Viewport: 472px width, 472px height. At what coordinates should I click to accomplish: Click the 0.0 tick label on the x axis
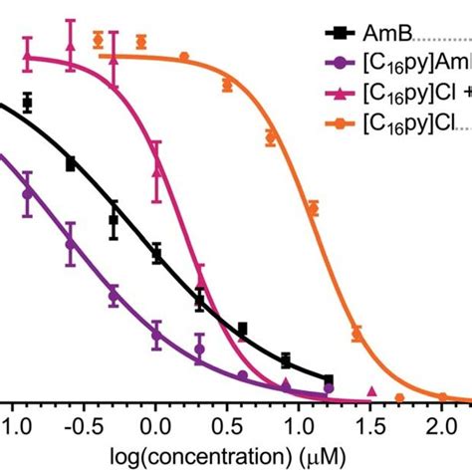[155, 425]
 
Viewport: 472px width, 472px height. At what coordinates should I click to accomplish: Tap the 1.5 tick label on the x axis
[371, 425]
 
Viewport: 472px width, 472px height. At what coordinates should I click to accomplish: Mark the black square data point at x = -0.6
[71, 163]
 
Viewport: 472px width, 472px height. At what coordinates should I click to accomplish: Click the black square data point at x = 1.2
[329, 378]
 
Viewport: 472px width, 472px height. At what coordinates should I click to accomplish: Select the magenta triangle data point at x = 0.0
[156, 171]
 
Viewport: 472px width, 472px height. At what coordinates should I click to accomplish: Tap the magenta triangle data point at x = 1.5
[372, 391]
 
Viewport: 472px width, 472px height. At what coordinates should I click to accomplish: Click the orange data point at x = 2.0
[443, 397]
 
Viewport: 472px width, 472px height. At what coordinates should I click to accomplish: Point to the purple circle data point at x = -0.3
[114, 295]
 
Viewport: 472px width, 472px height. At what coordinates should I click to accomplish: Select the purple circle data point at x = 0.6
[242, 375]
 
